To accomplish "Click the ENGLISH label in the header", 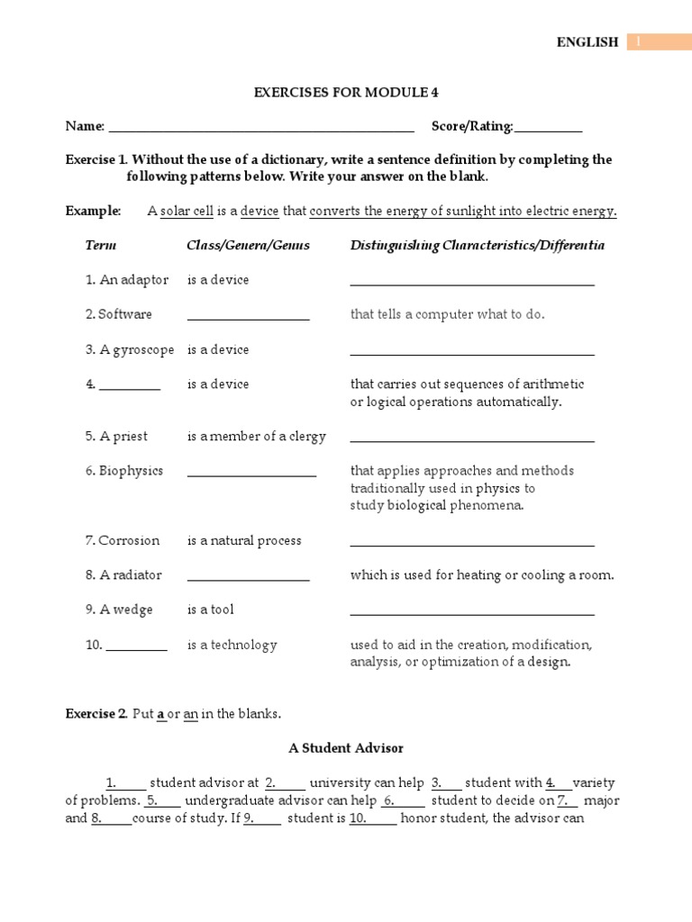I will coord(587,41).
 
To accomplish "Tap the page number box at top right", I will coord(659,41).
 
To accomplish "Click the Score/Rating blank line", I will coord(548,130).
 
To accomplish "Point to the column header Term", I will coord(101,245).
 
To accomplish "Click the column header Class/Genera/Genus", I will coord(248,245).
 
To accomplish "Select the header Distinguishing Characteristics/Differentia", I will coord(477,245).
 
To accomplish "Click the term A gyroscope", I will coord(130,349).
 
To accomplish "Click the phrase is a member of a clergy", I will coord(256,437).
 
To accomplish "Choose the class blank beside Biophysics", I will coord(251,475).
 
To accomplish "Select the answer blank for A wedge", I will coord(472,613).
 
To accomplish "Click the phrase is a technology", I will coord(232,645).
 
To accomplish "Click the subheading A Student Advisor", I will coord(346,747).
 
